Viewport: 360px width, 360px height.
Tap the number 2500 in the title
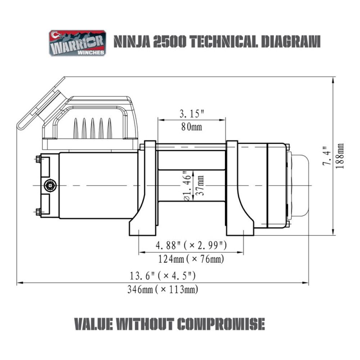[x=170, y=42]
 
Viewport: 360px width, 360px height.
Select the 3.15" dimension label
[x=192, y=114]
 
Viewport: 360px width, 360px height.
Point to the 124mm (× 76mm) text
[x=191, y=259]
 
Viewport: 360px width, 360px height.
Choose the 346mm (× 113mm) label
[x=163, y=289]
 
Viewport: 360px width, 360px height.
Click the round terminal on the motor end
[x=49, y=185]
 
